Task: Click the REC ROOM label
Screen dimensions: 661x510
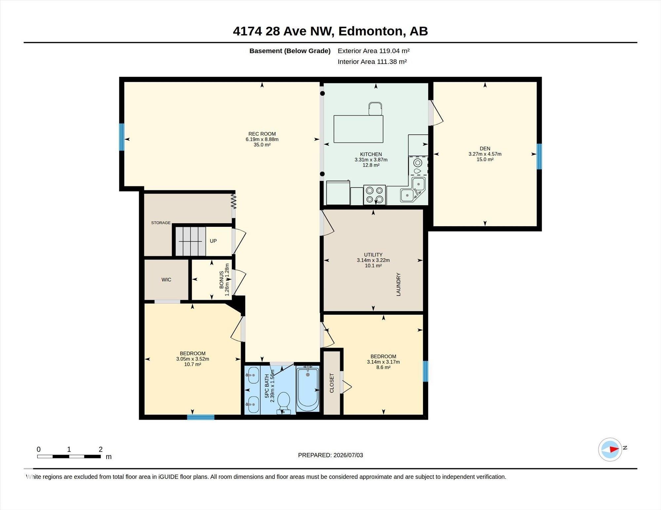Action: [262, 134]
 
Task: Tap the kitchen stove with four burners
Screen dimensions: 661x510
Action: [374, 195]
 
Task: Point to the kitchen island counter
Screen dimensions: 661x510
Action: [358, 129]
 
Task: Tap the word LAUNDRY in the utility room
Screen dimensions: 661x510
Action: [398, 284]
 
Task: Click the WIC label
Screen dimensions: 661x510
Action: [166, 280]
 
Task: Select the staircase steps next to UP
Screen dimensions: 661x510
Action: [190, 241]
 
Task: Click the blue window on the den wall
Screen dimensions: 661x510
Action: [539, 156]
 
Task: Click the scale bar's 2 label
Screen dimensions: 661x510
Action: [100, 449]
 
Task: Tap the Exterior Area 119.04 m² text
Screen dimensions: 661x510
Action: [373, 51]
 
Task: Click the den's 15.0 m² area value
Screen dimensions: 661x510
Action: [485, 159]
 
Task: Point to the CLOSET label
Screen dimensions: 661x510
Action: [332, 383]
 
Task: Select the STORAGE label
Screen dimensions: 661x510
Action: [161, 223]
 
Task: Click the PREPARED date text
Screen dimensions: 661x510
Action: [330, 455]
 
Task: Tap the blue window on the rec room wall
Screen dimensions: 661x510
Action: [122, 137]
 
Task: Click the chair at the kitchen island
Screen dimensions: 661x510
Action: [375, 109]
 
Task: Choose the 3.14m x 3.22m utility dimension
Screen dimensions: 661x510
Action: [373, 260]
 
